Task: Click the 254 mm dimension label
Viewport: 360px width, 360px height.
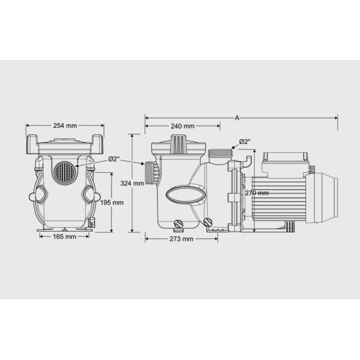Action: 65,125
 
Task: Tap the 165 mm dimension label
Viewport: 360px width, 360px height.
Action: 65,236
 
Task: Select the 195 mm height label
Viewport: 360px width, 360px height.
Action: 112,203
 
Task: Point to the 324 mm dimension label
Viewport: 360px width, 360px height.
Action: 132,183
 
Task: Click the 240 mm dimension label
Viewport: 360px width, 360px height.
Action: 182,126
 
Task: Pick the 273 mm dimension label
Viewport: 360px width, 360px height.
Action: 181,239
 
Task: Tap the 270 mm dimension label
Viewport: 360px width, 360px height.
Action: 257,193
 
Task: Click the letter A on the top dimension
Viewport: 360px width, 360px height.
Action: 237,118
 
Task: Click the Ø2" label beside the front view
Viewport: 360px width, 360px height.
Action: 113,159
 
